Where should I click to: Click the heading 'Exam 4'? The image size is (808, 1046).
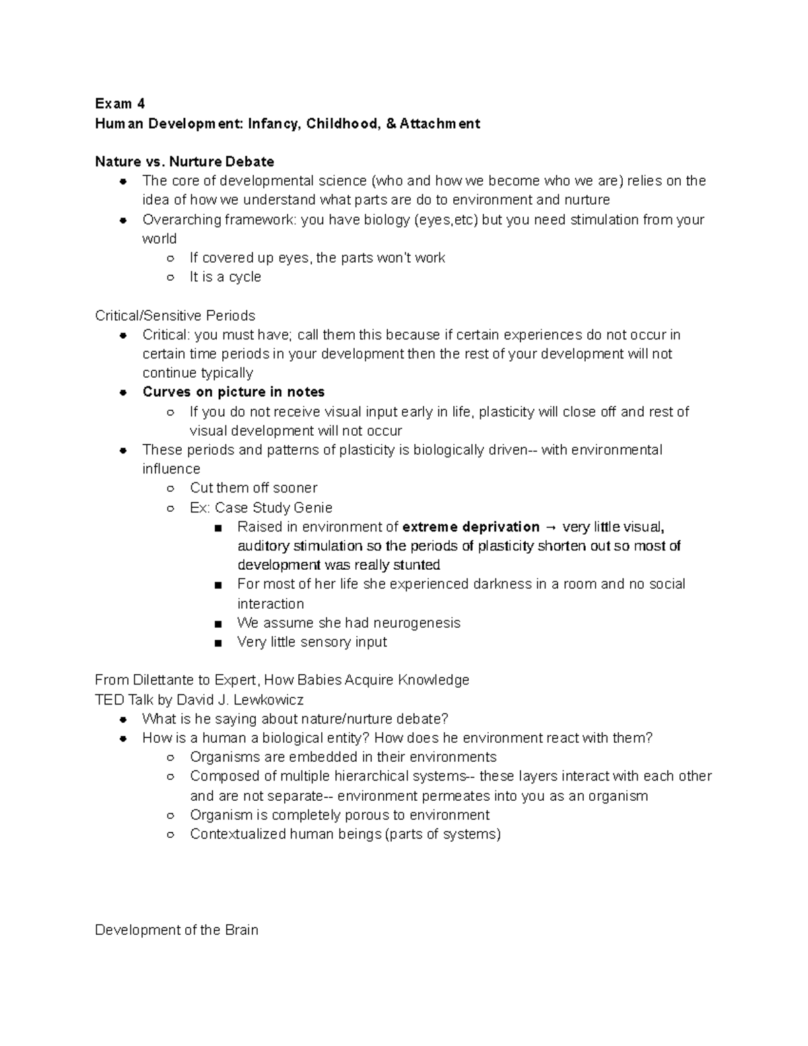(120, 104)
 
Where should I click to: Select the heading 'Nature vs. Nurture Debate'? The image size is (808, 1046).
(184, 162)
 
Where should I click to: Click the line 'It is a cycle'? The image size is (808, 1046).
(225, 277)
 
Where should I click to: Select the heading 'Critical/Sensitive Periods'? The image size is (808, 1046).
(175, 316)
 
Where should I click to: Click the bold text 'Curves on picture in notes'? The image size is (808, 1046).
(233, 392)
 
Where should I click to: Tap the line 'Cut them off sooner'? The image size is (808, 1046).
(253, 488)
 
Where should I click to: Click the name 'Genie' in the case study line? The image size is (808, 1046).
(313, 507)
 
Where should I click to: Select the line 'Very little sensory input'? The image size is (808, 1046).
(312, 642)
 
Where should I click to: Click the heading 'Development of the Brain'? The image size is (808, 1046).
(176, 930)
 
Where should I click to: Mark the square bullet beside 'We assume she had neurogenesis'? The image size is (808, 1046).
(217, 624)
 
